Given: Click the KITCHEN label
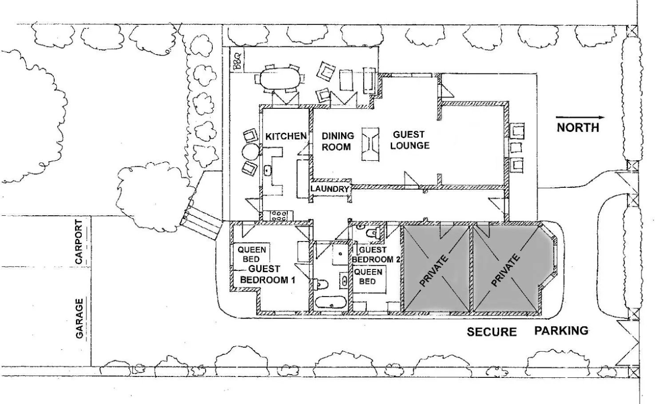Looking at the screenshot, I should coord(286,136).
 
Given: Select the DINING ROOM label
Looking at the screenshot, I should coord(337,141).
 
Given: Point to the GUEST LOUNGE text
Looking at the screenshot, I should coord(409,140).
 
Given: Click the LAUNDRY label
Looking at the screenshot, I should coord(329,189).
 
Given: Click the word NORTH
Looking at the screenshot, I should coord(578,128).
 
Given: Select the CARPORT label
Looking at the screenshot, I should coord(79,242).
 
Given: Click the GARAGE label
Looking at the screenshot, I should coord(79,318).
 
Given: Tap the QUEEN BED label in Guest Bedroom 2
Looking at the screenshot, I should coord(368,276).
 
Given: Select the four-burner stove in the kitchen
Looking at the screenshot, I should coord(279,216).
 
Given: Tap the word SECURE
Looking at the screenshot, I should coord(492,332).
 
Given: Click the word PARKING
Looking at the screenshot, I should coord(561,331).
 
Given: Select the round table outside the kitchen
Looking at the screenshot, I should coord(250,151).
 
